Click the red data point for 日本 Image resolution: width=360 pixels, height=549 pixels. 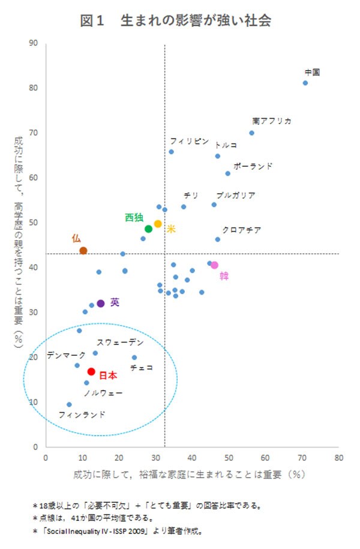click(x=91, y=371)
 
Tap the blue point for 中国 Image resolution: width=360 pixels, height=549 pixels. click(x=305, y=83)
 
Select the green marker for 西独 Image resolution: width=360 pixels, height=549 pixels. click(x=149, y=229)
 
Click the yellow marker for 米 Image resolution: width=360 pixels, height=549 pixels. click(x=158, y=224)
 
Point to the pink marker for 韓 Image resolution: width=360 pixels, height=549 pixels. click(x=214, y=265)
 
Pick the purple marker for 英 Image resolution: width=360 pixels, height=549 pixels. click(x=101, y=304)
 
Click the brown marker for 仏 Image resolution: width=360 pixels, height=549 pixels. click(x=83, y=250)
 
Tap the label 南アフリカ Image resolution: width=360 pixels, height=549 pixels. click(x=272, y=121)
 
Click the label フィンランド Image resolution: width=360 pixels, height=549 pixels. click(x=82, y=414)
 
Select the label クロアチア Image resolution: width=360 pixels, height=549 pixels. click(x=241, y=230)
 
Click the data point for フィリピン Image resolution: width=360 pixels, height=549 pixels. click(x=171, y=152)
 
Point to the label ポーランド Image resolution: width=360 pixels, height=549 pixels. click(x=253, y=165)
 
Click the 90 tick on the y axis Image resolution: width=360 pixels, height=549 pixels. click(x=34, y=43)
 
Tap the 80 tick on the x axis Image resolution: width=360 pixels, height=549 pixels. click(x=339, y=457)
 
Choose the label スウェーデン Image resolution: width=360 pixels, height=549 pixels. click(x=120, y=342)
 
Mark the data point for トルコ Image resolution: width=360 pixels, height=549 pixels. click(x=218, y=156)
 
